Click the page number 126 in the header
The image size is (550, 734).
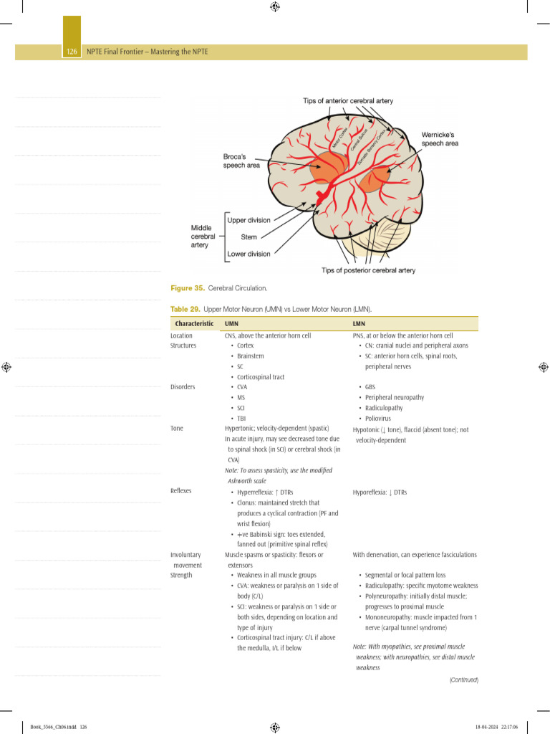click(x=72, y=52)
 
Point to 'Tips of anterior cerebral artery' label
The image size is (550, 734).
click(x=348, y=101)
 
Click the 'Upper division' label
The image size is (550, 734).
click(x=249, y=220)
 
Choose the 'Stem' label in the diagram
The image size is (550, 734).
click(x=249, y=237)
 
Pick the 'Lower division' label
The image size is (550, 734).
click(x=249, y=254)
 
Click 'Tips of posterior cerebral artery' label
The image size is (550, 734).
click(x=368, y=270)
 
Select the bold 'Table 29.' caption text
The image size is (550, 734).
click(x=185, y=309)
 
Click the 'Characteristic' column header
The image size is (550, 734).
click(x=194, y=324)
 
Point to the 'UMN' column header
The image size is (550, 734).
click(x=231, y=324)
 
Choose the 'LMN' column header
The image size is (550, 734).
click(x=360, y=324)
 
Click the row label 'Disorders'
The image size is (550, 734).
click(x=183, y=387)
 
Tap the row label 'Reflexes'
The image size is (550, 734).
click(x=181, y=492)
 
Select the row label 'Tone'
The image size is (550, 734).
click(x=177, y=429)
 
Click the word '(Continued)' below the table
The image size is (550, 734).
click(x=463, y=680)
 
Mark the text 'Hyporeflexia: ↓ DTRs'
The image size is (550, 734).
click(x=380, y=492)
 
